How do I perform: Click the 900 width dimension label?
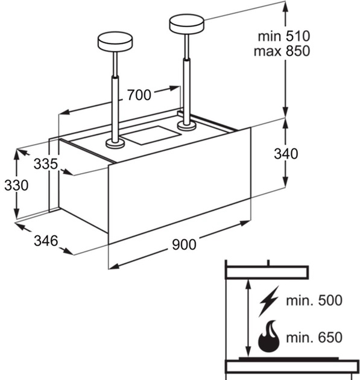184,244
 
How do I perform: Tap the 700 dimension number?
139,95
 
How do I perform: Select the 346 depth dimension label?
46,241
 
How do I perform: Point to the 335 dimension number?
46,163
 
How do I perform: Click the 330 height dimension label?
16,185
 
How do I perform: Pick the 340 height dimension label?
286,154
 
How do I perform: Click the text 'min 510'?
284,36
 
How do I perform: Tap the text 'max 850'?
282,51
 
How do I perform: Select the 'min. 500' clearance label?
314,300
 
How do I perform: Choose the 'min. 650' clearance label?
314,337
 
